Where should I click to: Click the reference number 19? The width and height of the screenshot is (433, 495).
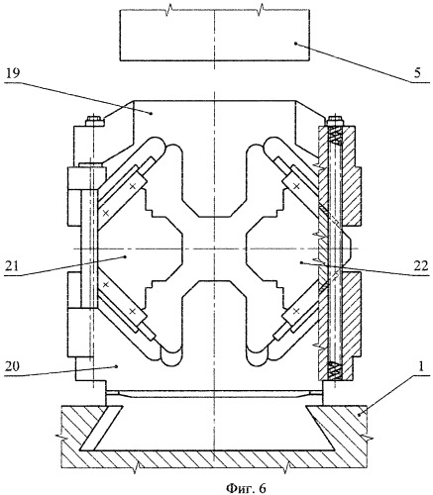(12, 73)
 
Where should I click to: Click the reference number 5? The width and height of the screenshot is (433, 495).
(418, 73)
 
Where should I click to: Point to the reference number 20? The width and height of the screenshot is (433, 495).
(13, 366)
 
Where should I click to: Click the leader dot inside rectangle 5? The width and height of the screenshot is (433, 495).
(295, 44)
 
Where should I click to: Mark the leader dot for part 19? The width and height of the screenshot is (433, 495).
(152, 113)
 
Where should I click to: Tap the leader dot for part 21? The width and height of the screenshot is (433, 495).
(125, 256)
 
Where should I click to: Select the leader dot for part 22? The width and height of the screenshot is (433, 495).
(301, 262)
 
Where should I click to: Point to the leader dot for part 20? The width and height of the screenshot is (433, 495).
(116, 365)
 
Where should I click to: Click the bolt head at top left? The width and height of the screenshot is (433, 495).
(95, 121)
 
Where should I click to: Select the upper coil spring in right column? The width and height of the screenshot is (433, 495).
(336, 136)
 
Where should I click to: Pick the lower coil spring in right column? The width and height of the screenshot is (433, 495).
(335, 370)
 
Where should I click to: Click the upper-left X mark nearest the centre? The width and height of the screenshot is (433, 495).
(133, 186)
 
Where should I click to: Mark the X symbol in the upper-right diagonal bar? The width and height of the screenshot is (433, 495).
(296, 187)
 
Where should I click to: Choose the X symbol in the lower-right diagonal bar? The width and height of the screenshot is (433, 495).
(296, 311)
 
